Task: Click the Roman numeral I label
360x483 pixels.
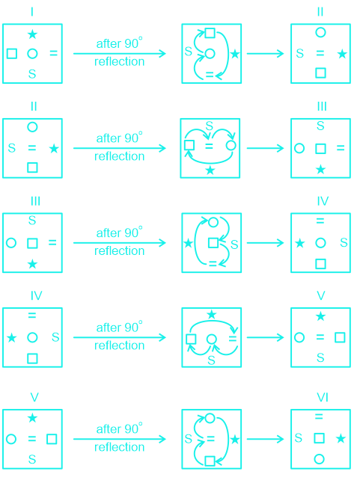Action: [x=32, y=12]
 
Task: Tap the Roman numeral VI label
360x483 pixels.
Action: [x=323, y=397]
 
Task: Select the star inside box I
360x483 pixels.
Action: [x=32, y=34]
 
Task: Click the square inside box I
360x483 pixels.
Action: [x=12, y=54]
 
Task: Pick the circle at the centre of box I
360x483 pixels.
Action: [x=32, y=54]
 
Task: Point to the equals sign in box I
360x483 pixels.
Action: [x=54, y=54]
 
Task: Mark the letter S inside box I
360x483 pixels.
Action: [x=32, y=74]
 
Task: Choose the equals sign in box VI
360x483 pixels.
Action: [x=319, y=416]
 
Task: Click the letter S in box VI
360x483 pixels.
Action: [x=298, y=438]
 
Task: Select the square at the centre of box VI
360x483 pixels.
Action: [x=319, y=438]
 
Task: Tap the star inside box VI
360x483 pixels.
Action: [x=341, y=438]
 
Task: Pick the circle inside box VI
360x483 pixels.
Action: [x=319, y=459]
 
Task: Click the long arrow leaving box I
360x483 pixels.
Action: [x=120, y=54]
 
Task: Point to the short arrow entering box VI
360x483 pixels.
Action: [x=266, y=439]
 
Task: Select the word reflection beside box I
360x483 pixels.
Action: [x=119, y=61]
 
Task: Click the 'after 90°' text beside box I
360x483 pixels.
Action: [x=119, y=43]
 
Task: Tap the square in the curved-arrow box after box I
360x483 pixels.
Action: [x=210, y=33]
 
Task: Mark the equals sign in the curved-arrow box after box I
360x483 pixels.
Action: [x=210, y=74]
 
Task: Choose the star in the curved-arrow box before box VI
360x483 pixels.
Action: [x=235, y=439]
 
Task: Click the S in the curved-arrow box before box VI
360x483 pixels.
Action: [x=189, y=439]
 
